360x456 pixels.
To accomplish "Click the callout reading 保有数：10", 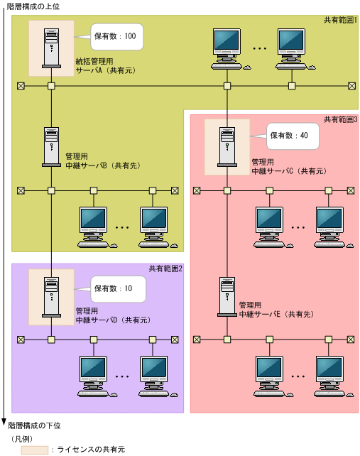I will point(117,289).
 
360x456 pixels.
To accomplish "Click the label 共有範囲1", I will point(341,22).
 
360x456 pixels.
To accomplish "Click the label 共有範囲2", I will point(165,268).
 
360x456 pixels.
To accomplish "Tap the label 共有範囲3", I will point(341,119).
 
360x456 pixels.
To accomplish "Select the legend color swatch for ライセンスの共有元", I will point(35,450).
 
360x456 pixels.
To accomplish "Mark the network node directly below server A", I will point(51,86).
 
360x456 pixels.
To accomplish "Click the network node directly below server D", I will point(51,340).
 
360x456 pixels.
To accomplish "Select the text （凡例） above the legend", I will point(21,438).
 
